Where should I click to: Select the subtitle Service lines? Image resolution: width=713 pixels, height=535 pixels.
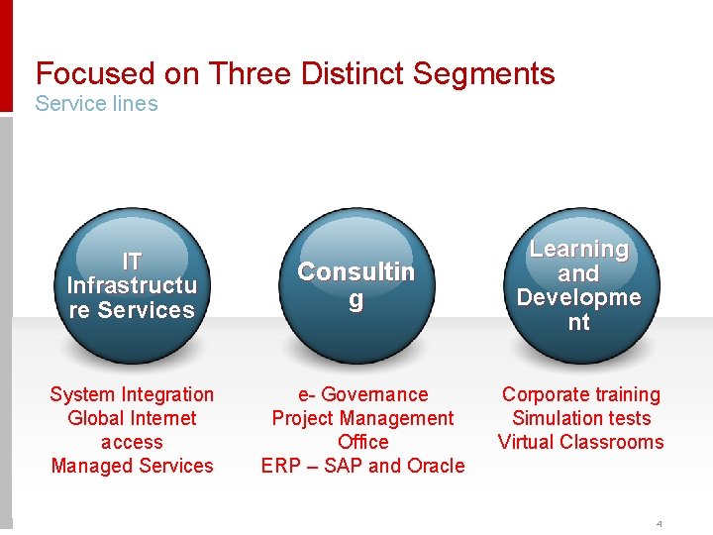(x=96, y=103)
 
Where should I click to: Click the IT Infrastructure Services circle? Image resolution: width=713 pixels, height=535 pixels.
(x=132, y=285)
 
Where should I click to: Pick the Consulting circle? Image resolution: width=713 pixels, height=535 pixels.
(x=356, y=285)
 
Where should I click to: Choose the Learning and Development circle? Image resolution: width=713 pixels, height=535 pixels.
(x=578, y=285)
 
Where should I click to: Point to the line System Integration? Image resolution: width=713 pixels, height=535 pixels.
(x=132, y=394)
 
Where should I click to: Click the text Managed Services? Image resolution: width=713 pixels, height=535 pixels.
(x=132, y=466)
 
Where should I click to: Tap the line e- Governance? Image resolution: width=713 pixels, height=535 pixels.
(x=362, y=394)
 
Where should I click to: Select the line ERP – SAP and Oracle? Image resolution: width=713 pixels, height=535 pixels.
(x=362, y=466)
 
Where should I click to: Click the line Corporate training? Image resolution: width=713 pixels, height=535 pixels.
(x=580, y=394)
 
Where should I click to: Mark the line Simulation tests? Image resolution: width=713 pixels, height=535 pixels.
(x=580, y=418)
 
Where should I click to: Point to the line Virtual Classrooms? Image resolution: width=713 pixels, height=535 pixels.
(x=580, y=442)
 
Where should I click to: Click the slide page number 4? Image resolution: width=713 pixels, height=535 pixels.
(x=658, y=523)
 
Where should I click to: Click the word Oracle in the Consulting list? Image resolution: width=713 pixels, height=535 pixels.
(x=436, y=466)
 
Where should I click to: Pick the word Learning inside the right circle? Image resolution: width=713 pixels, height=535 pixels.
(x=578, y=250)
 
